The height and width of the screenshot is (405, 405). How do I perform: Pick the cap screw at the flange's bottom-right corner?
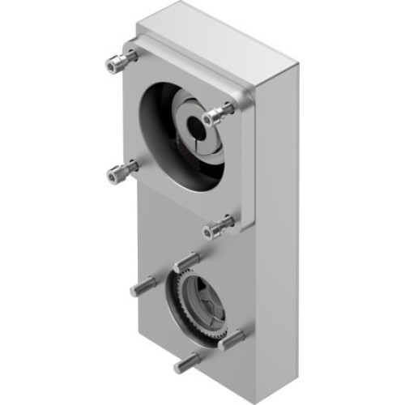click(x=216, y=228)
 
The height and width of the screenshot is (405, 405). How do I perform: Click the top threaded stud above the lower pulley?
click(x=185, y=261)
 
